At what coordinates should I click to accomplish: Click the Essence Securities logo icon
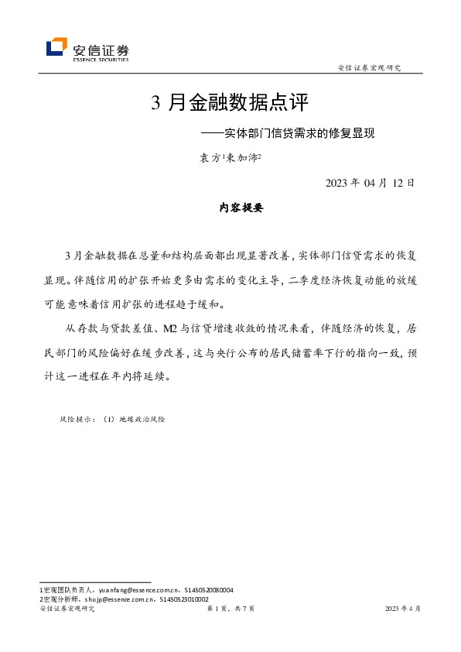click(x=56, y=48)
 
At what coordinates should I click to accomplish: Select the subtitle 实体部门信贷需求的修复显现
click(x=294, y=133)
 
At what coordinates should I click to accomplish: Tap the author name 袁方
click(x=210, y=158)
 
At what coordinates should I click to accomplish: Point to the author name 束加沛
click(x=243, y=158)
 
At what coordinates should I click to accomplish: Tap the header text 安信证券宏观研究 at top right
click(x=370, y=68)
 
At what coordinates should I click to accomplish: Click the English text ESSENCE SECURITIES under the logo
click(x=101, y=59)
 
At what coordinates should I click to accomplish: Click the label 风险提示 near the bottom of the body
click(x=76, y=419)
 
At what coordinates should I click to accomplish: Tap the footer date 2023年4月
click(x=403, y=609)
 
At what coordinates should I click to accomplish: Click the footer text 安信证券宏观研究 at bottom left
click(x=67, y=609)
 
